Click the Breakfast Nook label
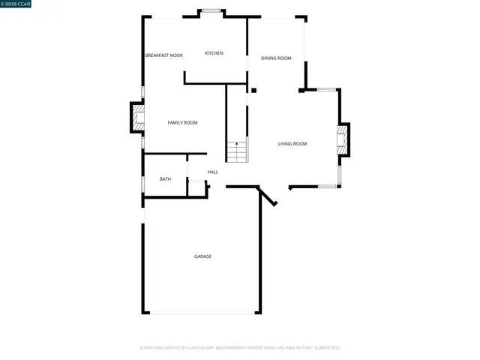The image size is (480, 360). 163,55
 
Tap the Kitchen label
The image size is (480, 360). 214,53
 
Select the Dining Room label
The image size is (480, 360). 276,58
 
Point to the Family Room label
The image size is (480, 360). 182,122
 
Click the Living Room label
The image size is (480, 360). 292,144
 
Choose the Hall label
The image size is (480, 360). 213,172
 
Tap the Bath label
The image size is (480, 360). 165,179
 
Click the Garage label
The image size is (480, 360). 202,256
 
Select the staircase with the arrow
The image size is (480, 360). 237,151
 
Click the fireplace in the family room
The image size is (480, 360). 137,117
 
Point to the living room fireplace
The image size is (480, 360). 343,140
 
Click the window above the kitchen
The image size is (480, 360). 211,10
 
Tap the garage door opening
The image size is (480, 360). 202,313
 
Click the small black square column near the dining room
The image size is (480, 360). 253,91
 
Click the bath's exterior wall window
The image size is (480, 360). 143,184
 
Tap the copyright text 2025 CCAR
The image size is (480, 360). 16,4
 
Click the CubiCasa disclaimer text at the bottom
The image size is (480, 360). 240,347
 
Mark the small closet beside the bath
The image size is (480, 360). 196,188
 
